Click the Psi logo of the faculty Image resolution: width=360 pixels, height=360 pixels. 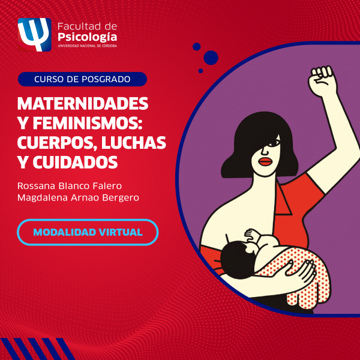tap(34, 35)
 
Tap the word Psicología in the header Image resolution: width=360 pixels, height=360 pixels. tap(87, 37)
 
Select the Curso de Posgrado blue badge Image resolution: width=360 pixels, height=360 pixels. tap(82, 79)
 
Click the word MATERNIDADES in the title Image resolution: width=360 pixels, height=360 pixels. tap(83, 104)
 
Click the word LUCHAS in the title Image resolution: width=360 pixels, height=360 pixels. tap(133, 143)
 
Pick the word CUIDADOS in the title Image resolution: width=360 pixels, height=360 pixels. tap(75, 163)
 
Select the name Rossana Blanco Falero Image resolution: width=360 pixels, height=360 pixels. tap(70, 186)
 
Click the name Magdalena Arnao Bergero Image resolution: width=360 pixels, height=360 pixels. tap(78, 198)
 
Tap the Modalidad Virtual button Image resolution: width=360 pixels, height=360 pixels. tap(88, 232)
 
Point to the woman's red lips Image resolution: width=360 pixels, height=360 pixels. tap(266, 161)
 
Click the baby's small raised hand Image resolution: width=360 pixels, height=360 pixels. tap(251, 235)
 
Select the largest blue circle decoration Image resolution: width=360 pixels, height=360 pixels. tap(211, 58)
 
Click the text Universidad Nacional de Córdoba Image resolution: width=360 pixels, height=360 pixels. tap(87, 46)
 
